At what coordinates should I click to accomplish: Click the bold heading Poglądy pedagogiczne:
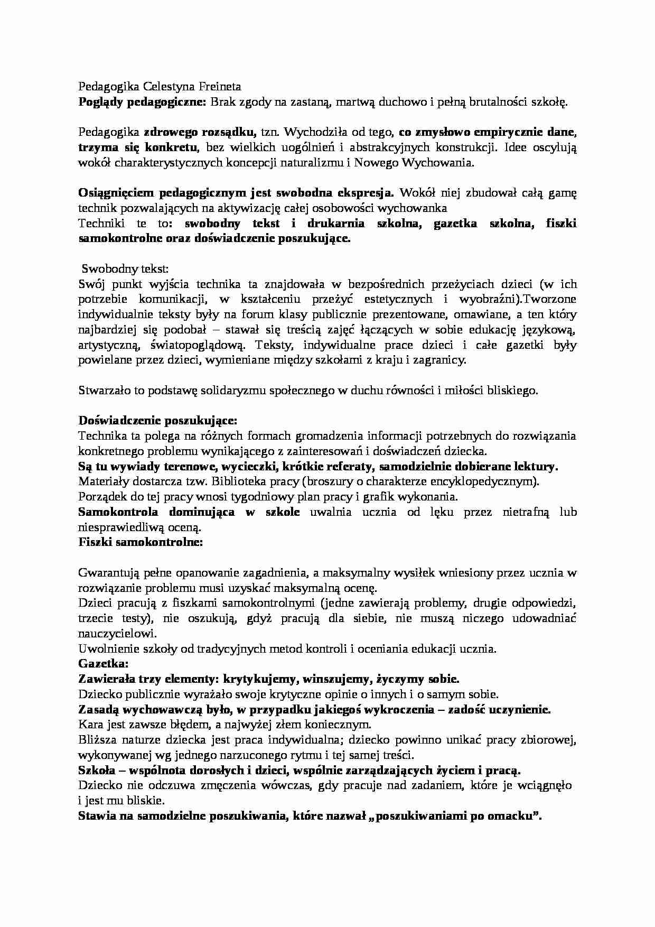(x=142, y=102)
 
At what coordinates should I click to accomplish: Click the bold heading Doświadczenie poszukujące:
(x=158, y=421)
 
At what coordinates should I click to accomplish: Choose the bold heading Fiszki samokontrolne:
(x=141, y=542)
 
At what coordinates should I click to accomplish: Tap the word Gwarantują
(x=108, y=572)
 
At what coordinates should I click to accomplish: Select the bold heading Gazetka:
(x=104, y=664)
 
